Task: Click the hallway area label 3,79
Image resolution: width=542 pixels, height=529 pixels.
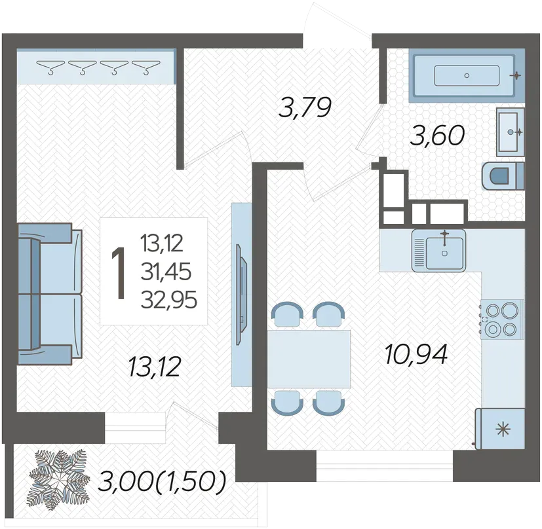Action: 305,107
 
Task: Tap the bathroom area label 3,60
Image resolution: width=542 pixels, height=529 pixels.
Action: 437,136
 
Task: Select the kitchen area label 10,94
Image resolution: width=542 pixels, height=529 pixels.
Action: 416,354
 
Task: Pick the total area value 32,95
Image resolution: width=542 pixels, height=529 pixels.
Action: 169,299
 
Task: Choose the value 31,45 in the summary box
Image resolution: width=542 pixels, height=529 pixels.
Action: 166,272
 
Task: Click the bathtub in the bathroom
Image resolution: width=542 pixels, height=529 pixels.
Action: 467,76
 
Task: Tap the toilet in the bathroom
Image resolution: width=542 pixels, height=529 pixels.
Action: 503,176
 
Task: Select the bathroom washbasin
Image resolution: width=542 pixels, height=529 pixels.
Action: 510,132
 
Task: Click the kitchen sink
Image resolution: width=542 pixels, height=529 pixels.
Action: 438,250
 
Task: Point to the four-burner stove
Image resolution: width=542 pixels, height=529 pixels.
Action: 501,319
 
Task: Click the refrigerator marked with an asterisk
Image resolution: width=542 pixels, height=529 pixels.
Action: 500,429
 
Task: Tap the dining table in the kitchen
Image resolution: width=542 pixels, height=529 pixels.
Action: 309,358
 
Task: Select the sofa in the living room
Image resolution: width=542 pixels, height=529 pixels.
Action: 50,294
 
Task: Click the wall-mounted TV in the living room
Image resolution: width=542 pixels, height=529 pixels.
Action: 242,294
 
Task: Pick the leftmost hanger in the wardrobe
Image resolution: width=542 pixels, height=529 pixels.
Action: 50,67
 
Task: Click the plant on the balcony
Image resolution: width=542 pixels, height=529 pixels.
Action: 58,480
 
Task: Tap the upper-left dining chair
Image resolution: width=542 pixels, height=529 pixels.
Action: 287,314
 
